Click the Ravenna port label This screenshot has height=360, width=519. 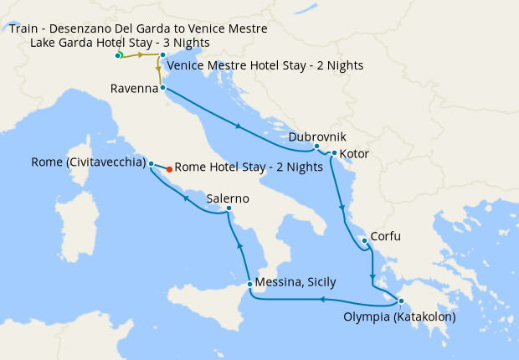click(135, 88)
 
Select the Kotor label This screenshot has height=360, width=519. click(354, 154)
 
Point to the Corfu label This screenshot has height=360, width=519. click(385, 237)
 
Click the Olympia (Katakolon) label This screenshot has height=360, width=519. click(399, 317)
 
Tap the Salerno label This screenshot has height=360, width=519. click(229, 198)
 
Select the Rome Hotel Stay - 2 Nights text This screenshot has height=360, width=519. click(249, 167)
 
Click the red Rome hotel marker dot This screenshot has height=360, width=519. click(169, 168)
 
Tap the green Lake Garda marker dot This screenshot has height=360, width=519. click(119, 55)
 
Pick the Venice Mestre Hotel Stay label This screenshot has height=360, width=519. click(265, 65)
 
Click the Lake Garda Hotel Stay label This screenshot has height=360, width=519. click(120, 43)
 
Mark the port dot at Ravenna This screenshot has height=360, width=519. click(162, 88)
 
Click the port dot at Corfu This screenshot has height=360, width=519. click(364, 241)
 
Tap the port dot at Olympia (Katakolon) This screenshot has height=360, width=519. click(401, 301)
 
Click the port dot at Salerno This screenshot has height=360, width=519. click(229, 208)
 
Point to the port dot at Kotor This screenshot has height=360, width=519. click(334, 153)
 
